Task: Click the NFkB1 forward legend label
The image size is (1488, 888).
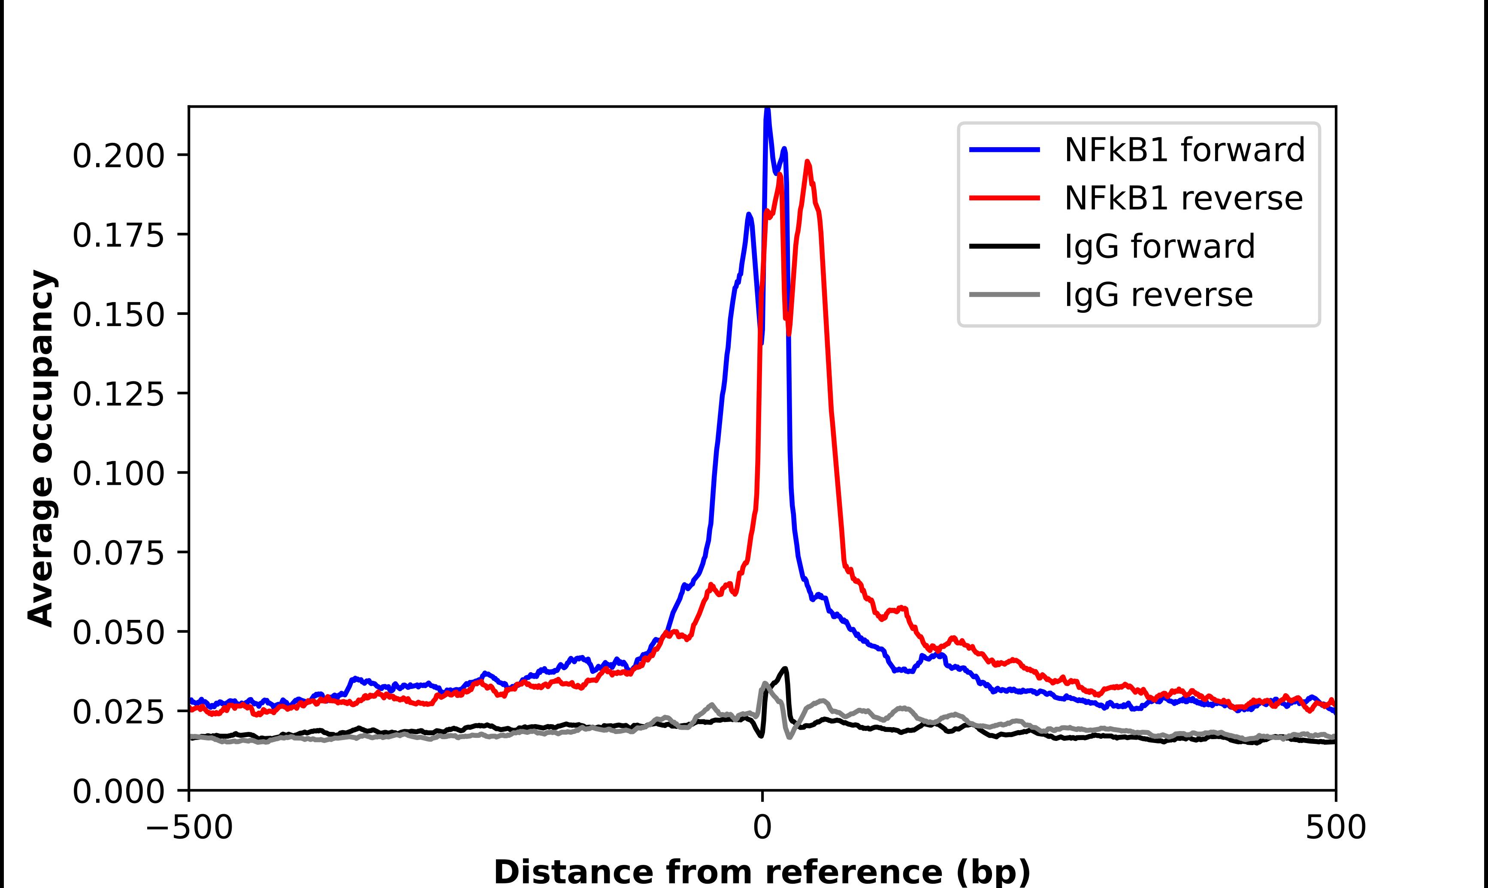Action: point(1184,150)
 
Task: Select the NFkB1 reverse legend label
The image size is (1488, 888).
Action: point(1183,198)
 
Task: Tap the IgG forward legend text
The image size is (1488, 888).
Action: point(1159,247)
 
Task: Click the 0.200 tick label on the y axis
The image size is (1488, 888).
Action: point(118,156)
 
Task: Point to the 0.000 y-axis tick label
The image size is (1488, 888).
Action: point(118,791)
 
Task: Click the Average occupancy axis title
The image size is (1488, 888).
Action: point(42,448)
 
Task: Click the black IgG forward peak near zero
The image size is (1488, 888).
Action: point(785,668)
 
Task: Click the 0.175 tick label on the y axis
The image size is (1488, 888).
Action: point(118,236)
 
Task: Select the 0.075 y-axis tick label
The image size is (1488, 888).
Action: point(118,553)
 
